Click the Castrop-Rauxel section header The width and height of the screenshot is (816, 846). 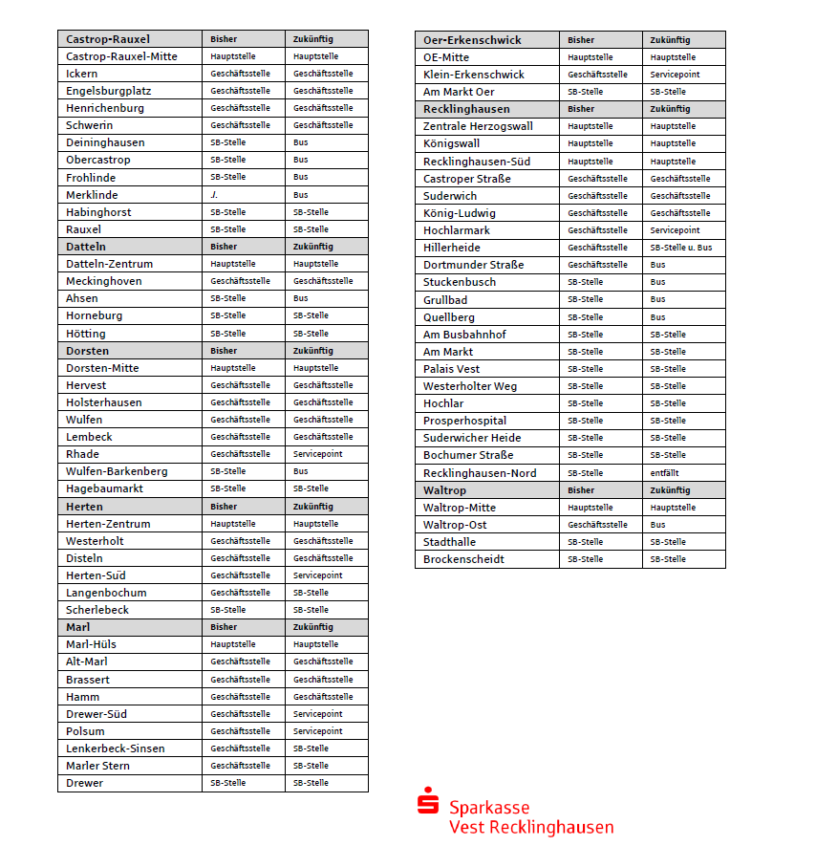(x=108, y=39)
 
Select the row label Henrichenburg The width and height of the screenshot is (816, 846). (x=105, y=108)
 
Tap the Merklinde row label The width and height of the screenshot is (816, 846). (x=94, y=195)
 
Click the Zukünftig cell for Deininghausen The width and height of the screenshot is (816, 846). (x=301, y=142)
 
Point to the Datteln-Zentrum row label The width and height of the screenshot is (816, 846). (x=109, y=264)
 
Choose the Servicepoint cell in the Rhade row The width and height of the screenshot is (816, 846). (x=317, y=454)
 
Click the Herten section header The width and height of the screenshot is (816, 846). (x=85, y=507)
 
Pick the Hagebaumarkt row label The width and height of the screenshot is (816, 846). (x=104, y=488)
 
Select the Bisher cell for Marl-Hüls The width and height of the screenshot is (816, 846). (x=233, y=644)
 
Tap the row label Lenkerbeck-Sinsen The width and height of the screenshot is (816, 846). (x=115, y=748)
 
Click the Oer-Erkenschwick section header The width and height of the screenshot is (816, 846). (x=472, y=40)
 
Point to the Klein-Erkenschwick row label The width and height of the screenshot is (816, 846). (x=474, y=75)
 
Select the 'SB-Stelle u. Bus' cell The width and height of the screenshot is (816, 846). (x=680, y=248)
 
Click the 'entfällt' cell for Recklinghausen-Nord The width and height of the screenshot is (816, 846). (x=664, y=473)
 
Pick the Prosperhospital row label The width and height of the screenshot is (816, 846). (x=465, y=421)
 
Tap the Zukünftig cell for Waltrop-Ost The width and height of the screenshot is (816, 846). (x=658, y=525)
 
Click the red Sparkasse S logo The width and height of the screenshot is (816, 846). (x=427, y=801)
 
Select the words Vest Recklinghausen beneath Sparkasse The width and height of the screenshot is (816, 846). (x=531, y=828)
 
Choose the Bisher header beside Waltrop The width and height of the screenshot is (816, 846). (x=581, y=490)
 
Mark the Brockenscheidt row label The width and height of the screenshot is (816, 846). (x=463, y=559)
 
